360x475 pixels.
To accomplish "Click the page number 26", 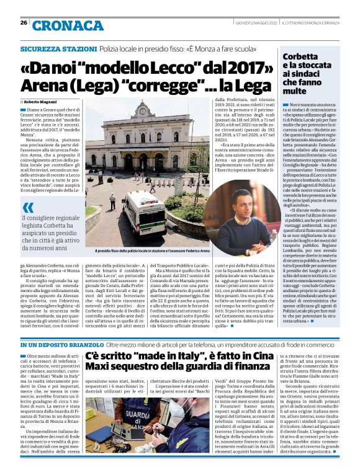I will (x=23, y=22).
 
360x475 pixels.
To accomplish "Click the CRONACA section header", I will (x=59, y=25).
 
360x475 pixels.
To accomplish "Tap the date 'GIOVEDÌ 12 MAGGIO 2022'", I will (x=256, y=23).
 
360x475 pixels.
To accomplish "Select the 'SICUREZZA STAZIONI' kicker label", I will (x=58, y=48).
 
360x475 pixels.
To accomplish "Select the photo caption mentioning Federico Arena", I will (x=153, y=251).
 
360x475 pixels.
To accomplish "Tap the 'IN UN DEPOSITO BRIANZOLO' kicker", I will (x=62, y=344).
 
